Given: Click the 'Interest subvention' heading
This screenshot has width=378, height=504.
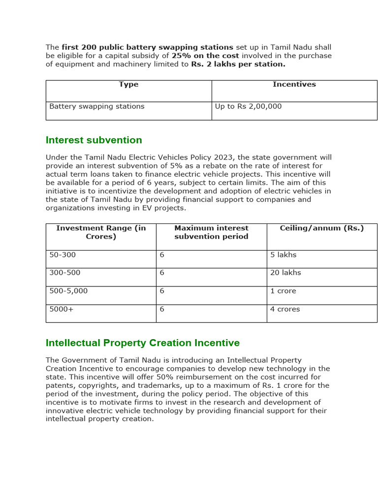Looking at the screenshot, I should click(94, 140).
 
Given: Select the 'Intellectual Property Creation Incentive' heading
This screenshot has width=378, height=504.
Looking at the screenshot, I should click(142, 343).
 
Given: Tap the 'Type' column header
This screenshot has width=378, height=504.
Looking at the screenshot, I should click(128, 85).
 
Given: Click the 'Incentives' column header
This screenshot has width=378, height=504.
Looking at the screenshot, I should click(294, 85).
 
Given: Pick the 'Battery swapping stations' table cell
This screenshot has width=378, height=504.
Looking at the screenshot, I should click(97, 106).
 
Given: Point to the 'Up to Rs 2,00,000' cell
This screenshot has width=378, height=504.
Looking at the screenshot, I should click(248, 106).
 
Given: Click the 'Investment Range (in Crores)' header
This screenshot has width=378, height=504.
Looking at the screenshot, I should click(101, 232).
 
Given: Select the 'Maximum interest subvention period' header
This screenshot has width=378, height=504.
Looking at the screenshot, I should click(211, 232).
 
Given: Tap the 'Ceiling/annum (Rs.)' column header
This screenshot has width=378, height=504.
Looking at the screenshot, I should click(321, 228).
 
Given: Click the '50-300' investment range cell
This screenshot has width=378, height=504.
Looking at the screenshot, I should click(63, 255).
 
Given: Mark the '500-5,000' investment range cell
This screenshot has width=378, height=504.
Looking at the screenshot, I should click(68, 291).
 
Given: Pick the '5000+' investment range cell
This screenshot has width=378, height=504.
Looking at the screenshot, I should click(61, 309).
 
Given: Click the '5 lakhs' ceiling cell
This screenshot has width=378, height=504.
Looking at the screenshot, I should click(283, 255).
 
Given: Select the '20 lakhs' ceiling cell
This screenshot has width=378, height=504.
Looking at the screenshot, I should click(285, 273).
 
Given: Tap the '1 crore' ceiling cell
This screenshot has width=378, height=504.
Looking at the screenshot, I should click(283, 291).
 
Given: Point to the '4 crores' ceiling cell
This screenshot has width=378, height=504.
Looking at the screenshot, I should click(285, 309).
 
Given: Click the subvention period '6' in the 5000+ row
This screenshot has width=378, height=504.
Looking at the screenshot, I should click(162, 309).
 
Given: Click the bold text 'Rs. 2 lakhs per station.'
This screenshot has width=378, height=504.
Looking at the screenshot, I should click(238, 64).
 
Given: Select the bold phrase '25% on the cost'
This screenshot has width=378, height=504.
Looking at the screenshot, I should click(205, 56).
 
